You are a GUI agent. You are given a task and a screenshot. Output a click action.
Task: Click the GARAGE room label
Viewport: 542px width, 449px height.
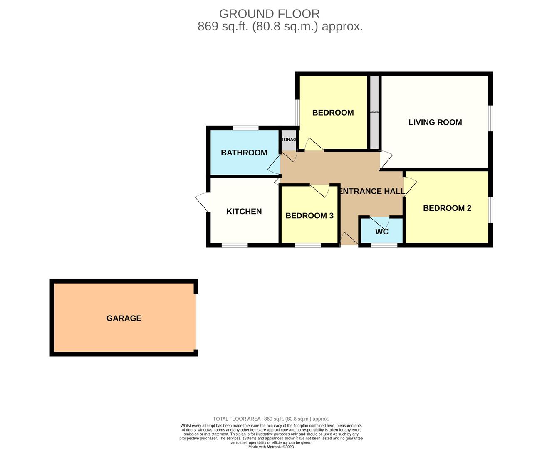click(x=124, y=318)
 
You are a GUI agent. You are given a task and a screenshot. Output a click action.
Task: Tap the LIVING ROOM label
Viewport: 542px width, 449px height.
click(x=435, y=122)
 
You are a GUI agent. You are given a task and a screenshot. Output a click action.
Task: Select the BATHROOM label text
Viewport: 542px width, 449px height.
click(x=244, y=153)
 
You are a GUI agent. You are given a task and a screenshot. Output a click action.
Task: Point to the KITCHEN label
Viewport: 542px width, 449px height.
click(x=244, y=211)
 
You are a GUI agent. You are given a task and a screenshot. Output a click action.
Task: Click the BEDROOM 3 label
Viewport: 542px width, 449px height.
click(x=309, y=215)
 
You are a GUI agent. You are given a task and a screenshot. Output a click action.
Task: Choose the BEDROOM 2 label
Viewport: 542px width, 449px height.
click(x=447, y=208)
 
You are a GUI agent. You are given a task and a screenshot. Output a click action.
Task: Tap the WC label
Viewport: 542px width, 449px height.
click(x=382, y=232)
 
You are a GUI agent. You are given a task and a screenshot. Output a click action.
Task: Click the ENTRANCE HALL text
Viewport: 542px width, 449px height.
click(x=371, y=191)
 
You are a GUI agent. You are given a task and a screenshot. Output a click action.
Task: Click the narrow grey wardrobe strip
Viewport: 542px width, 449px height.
click(x=375, y=112)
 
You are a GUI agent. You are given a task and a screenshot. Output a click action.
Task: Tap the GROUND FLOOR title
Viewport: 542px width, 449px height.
click(x=270, y=14)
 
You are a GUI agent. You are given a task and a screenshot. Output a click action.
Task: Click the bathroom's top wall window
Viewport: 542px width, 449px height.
click(x=245, y=128)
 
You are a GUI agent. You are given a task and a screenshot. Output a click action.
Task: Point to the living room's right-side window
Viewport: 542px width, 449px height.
click(x=490, y=118)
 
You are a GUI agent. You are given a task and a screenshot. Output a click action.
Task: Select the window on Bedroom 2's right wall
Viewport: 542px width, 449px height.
click(x=490, y=210)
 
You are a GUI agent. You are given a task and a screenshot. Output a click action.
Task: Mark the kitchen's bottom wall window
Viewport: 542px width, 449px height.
click(x=235, y=245)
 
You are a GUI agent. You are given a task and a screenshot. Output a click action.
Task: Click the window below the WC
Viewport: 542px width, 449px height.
click(x=384, y=245)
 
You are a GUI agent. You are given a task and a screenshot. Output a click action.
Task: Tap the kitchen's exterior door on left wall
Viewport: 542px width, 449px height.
click(x=203, y=202)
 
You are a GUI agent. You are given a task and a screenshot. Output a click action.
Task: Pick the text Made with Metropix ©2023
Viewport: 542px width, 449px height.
click(x=271, y=447)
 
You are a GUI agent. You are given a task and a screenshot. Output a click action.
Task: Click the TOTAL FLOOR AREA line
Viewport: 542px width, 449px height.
click(x=271, y=419)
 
